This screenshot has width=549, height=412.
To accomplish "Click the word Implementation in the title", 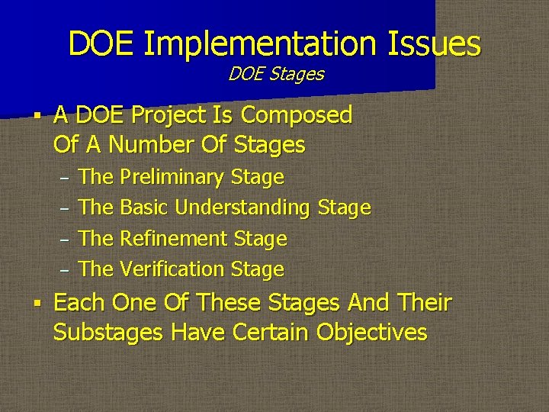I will [x=257, y=43].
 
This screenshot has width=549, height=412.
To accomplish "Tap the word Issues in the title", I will [x=432, y=43].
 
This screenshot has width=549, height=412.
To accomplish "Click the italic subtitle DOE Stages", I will [x=276, y=74].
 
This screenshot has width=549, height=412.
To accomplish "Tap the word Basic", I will [x=145, y=208].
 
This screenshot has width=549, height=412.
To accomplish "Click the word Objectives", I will [x=371, y=333].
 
